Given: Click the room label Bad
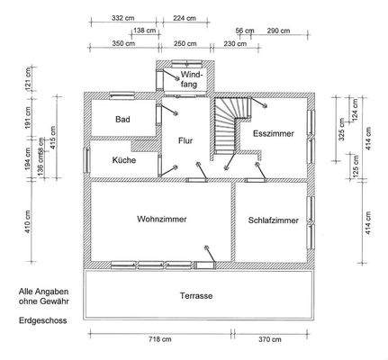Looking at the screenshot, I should [123, 118].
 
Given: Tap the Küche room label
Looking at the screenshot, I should [124, 159].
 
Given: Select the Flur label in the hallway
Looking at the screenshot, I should [185, 140].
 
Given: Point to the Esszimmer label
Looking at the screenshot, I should [273, 132].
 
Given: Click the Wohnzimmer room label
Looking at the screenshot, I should [161, 219].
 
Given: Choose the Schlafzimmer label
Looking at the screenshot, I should [273, 220].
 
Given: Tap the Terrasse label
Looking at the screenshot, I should [195, 295].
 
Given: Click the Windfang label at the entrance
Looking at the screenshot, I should [190, 78].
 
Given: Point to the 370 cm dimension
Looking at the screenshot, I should [269, 339].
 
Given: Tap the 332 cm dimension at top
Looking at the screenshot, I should [124, 17].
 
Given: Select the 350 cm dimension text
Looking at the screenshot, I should [124, 43].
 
